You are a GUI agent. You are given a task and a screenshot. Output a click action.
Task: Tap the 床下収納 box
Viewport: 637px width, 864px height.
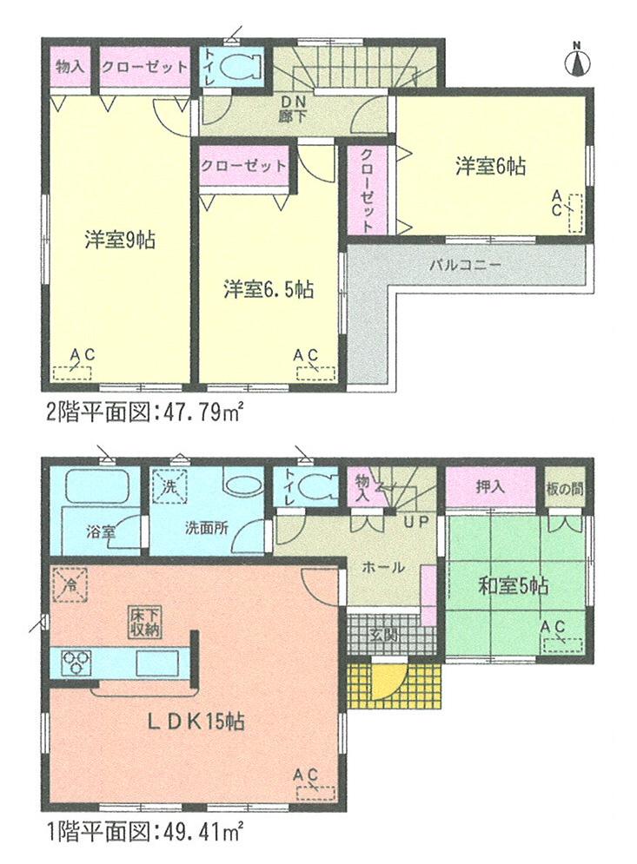point(144,623)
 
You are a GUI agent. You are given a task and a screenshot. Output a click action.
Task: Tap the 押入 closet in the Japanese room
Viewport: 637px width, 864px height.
point(491,489)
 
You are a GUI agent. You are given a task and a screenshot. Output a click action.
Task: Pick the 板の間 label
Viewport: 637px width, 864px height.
point(565,488)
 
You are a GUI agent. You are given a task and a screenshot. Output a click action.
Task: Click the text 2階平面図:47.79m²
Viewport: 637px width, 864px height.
point(138,412)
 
